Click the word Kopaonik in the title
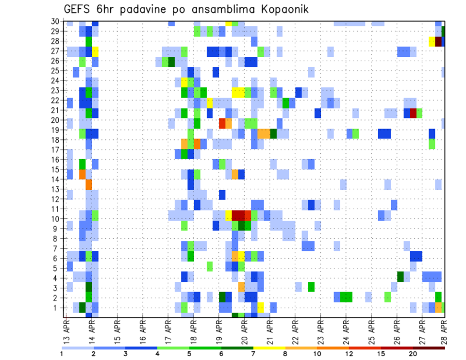coord(281,9)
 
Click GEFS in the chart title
coord(77,9)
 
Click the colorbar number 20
coord(413,354)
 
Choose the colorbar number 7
coord(253,354)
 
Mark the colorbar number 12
coord(349,354)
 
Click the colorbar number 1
coord(62,354)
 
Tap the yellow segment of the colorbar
coord(269,348)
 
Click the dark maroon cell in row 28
coord(438,42)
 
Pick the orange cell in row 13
coord(89,184)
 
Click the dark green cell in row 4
coord(400,277)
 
